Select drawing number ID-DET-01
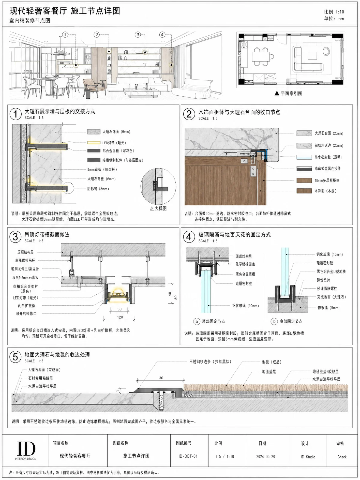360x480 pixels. tap(188, 456)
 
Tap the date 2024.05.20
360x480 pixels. tap(265, 457)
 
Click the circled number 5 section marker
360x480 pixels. tap(15, 357)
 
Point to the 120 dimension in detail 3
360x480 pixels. tap(120, 317)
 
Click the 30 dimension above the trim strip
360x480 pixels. tap(161, 378)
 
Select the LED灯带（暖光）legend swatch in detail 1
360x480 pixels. tap(94, 143)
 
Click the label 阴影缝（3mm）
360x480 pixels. tap(98, 189)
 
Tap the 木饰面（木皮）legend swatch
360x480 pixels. tap(304, 191)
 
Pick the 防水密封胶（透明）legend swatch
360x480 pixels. tap(304, 157)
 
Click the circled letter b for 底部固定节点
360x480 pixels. tap(274, 321)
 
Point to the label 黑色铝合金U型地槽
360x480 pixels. tap(331, 271)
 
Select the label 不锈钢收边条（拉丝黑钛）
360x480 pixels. tap(210, 361)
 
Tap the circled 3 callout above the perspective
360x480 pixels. tap(138, 34)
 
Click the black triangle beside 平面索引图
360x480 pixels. tap(277, 93)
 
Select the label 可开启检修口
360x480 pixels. tap(26, 313)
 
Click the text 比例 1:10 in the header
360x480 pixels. tap(334, 12)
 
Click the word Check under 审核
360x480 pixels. tap(342, 457)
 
